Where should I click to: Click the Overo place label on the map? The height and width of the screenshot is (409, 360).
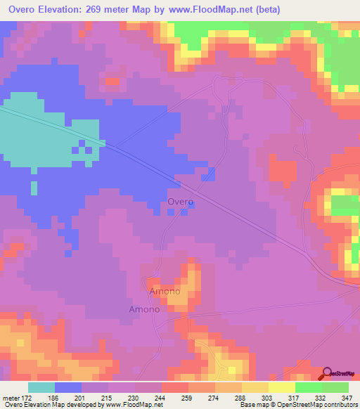click(x=181, y=202)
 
